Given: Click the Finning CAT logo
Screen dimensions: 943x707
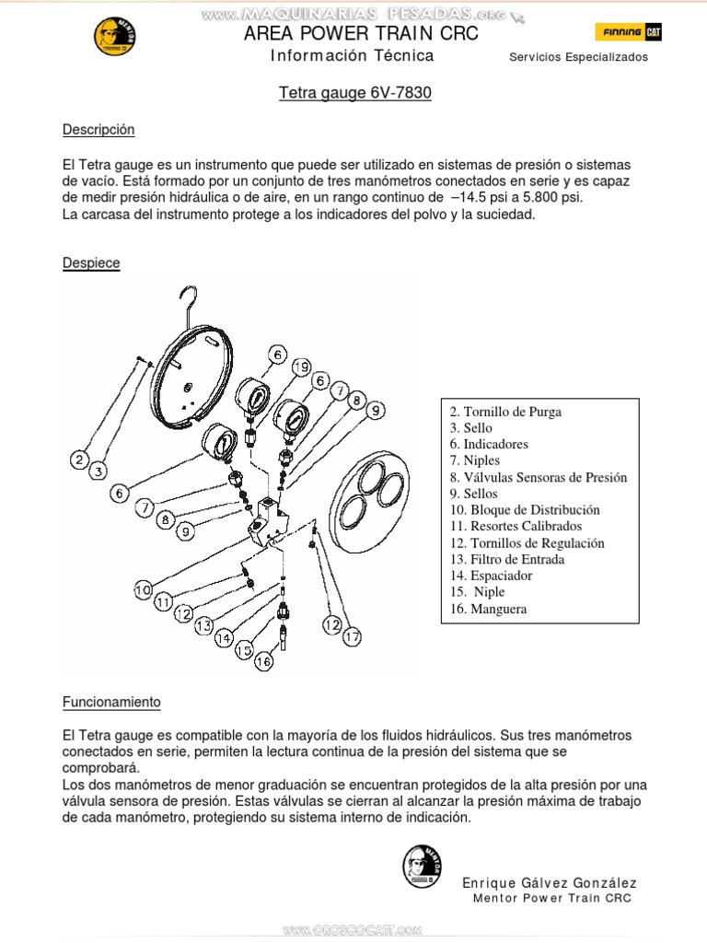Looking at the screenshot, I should (x=632, y=32).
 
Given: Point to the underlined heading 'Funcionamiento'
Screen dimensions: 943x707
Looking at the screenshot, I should (x=111, y=702).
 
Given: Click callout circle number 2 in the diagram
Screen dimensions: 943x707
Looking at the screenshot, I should (x=81, y=460).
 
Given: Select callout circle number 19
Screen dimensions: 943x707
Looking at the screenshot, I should (x=300, y=367).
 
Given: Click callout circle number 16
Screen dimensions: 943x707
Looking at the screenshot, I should (x=263, y=661).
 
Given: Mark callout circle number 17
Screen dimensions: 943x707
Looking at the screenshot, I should (x=352, y=636).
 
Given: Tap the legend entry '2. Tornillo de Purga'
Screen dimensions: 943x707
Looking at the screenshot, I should (x=505, y=412).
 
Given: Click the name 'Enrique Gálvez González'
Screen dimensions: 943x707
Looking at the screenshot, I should (x=548, y=883).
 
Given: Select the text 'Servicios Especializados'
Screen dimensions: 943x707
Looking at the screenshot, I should (x=578, y=57).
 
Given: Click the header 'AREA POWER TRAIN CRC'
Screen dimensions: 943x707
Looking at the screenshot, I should (x=361, y=34).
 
